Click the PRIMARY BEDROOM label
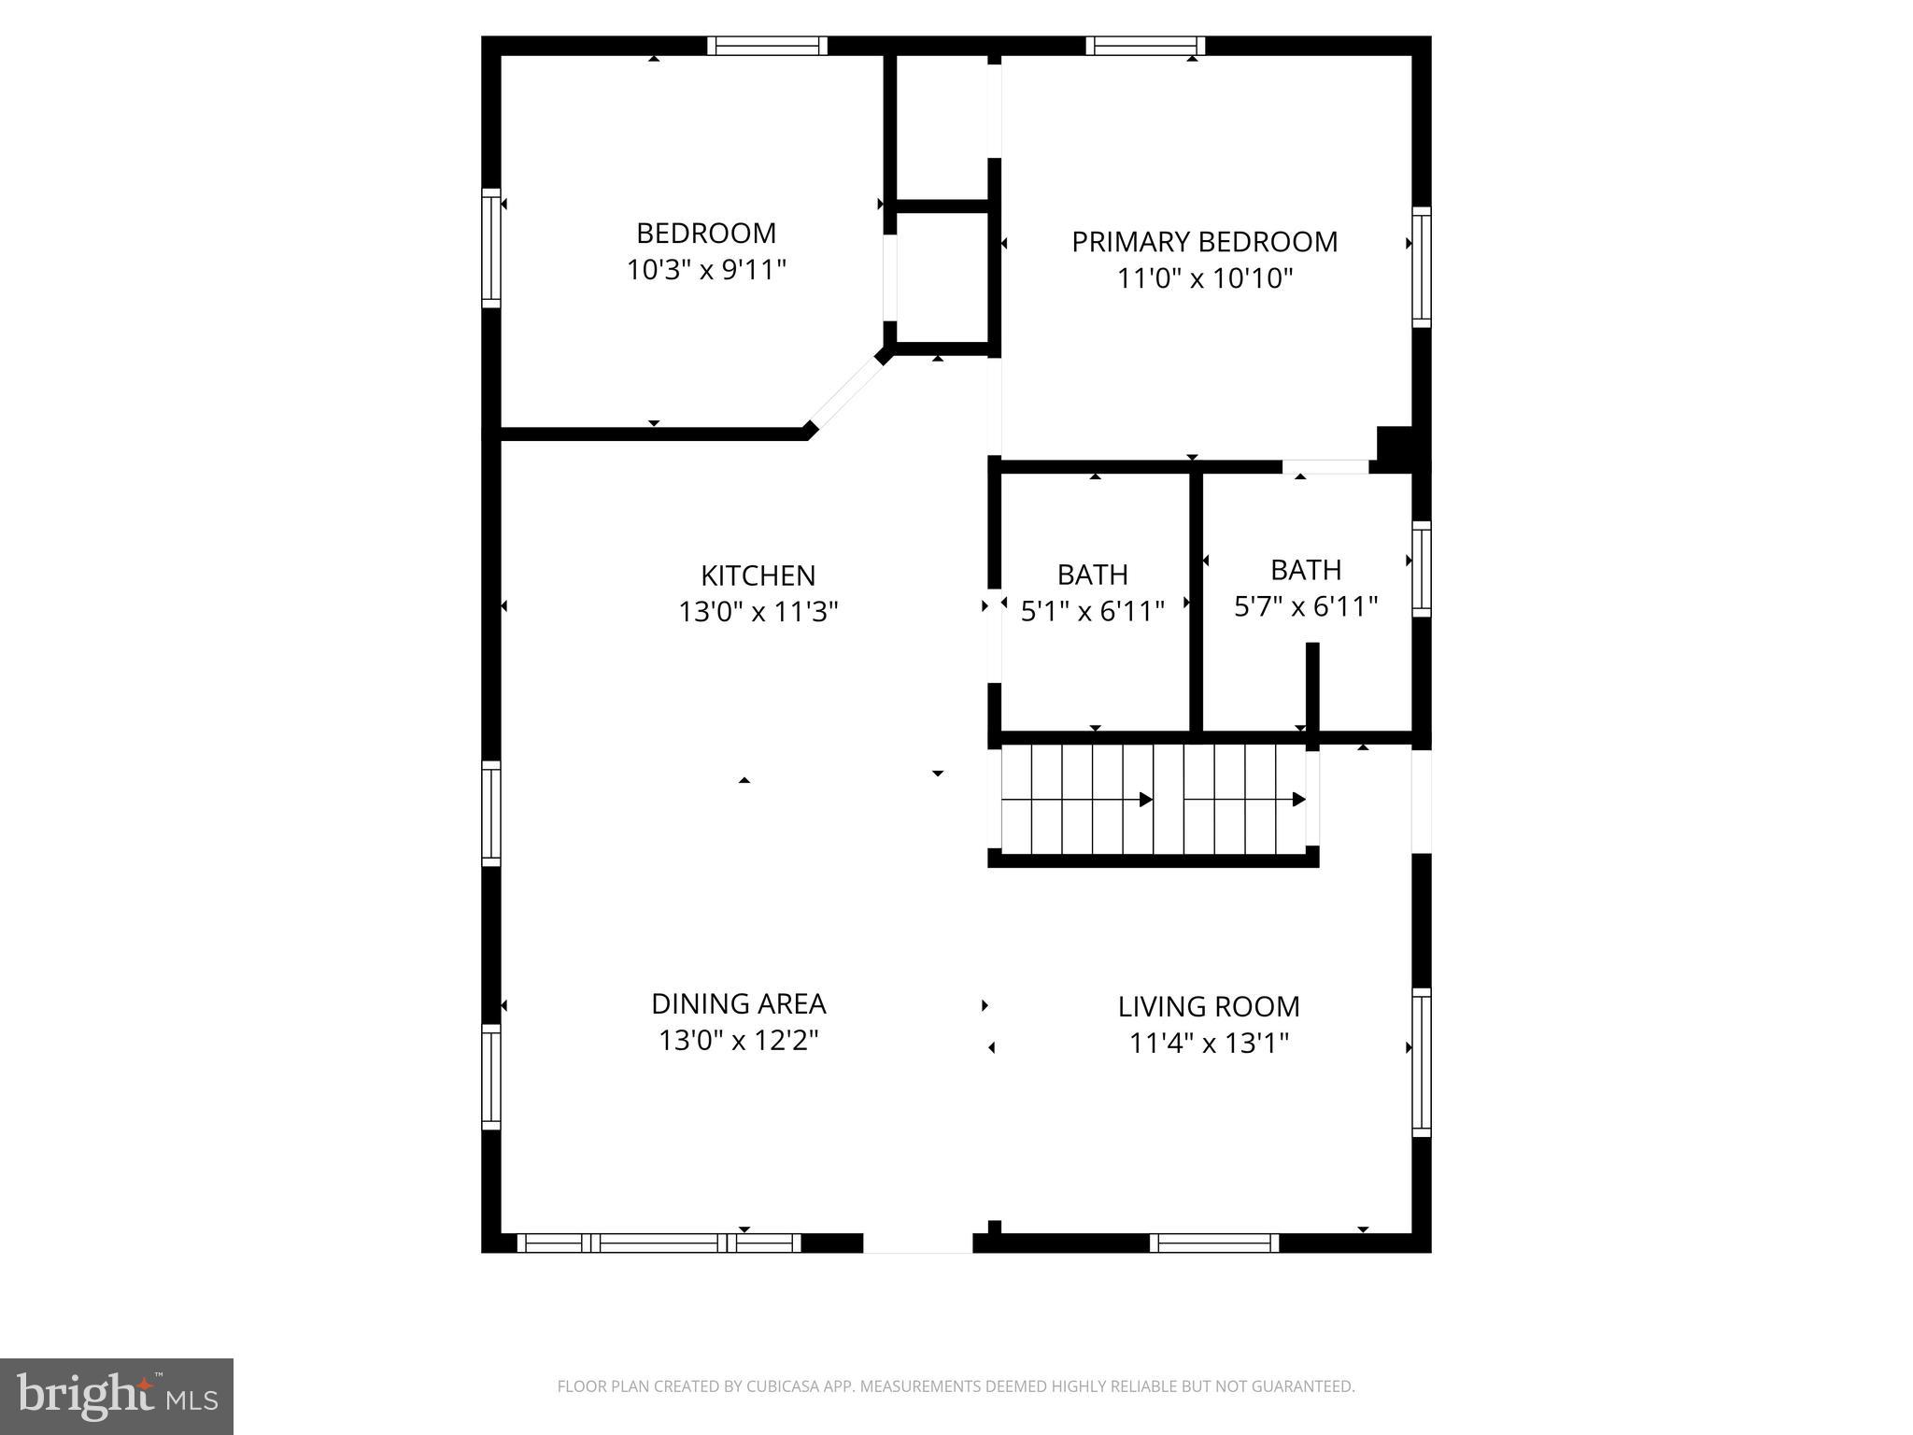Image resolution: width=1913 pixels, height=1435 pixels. tap(1204, 242)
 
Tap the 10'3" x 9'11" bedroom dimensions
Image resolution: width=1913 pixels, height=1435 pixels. tap(706, 270)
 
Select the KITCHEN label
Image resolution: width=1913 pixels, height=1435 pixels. tap(758, 575)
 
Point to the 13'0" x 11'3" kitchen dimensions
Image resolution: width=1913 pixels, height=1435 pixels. tap(758, 612)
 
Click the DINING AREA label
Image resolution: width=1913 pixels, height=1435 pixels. tap(738, 1003)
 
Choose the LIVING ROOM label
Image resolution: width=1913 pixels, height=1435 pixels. tap(1209, 1006)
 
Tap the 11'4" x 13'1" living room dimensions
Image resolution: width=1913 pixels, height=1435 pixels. tap(1209, 1043)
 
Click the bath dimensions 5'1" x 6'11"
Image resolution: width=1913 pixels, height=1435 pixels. tap(1092, 611)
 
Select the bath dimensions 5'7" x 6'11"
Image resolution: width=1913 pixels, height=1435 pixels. tap(1306, 606)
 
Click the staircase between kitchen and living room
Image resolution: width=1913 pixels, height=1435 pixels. tap(1154, 799)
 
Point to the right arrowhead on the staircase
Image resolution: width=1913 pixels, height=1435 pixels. tap(1298, 800)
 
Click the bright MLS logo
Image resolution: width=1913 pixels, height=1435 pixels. tap(117, 1396)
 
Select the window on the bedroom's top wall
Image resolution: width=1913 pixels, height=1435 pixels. tap(767, 46)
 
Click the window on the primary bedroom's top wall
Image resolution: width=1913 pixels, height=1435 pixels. tap(1145, 46)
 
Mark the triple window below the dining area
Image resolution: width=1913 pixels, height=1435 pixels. tap(659, 1243)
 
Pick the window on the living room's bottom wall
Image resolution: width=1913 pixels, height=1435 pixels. tap(1213, 1243)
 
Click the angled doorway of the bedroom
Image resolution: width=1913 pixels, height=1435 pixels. tap(846, 393)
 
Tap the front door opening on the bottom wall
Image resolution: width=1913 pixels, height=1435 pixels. tap(917, 1243)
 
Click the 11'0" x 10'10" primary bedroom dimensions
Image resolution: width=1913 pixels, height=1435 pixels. tap(1204, 278)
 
